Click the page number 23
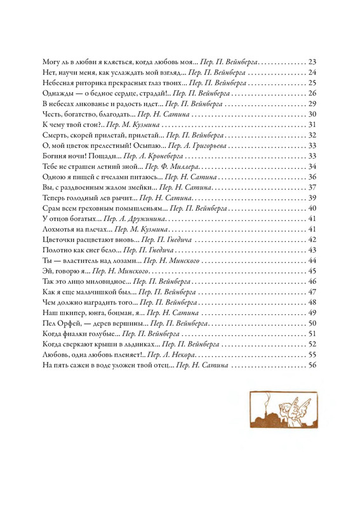tap(312, 62)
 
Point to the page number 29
tap(312, 104)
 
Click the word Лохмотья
tap(59, 229)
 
